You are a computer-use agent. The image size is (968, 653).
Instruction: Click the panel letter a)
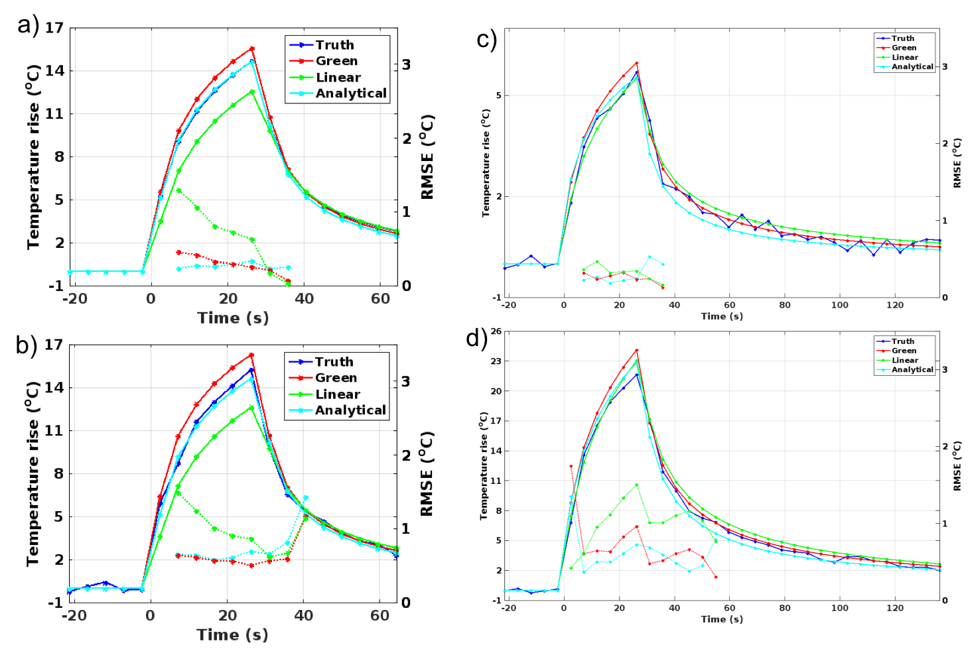(x=28, y=27)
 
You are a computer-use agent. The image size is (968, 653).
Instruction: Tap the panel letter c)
(x=486, y=40)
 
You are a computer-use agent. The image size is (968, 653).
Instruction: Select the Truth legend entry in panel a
(x=334, y=45)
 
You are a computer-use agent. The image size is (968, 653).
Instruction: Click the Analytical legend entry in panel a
(x=351, y=93)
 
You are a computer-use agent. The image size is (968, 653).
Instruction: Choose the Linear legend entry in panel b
(x=337, y=394)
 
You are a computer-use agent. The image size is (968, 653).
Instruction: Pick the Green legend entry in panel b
(x=336, y=378)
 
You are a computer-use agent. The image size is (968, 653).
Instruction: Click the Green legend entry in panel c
(x=904, y=48)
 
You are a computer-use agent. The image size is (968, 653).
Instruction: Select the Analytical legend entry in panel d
(x=912, y=369)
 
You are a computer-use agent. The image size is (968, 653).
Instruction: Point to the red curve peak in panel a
(x=252, y=48)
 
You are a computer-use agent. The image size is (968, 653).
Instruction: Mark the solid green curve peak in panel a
(x=252, y=91)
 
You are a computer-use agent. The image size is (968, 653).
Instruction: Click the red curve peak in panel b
(x=251, y=355)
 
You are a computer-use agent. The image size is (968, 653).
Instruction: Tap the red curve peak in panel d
(x=636, y=350)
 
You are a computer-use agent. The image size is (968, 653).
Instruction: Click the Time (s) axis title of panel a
(x=233, y=318)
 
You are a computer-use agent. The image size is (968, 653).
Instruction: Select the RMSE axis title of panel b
(x=427, y=473)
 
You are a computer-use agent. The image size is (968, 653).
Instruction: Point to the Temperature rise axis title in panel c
(x=486, y=163)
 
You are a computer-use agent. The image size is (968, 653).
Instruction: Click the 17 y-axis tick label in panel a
(x=54, y=28)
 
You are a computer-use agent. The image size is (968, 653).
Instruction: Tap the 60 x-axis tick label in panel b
(x=380, y=616)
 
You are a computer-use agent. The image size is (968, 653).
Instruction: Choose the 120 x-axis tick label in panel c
(x=895, y=305)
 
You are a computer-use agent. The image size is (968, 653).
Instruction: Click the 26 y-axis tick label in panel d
(x=496, y=331)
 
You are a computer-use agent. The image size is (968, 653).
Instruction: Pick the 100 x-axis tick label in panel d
(x=840, y=608)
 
